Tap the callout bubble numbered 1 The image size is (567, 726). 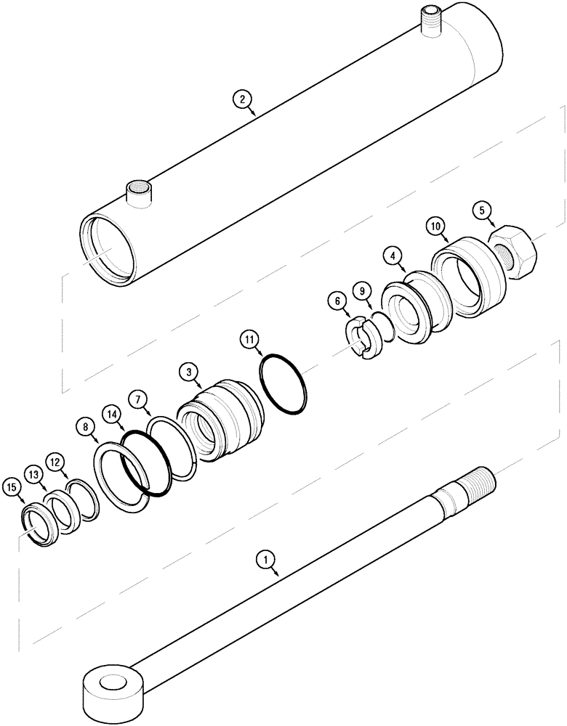click(266, 558)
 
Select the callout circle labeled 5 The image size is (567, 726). click(480, 211)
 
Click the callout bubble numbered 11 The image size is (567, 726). click(249, 338)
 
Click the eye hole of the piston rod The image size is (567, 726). click(112, 683)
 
